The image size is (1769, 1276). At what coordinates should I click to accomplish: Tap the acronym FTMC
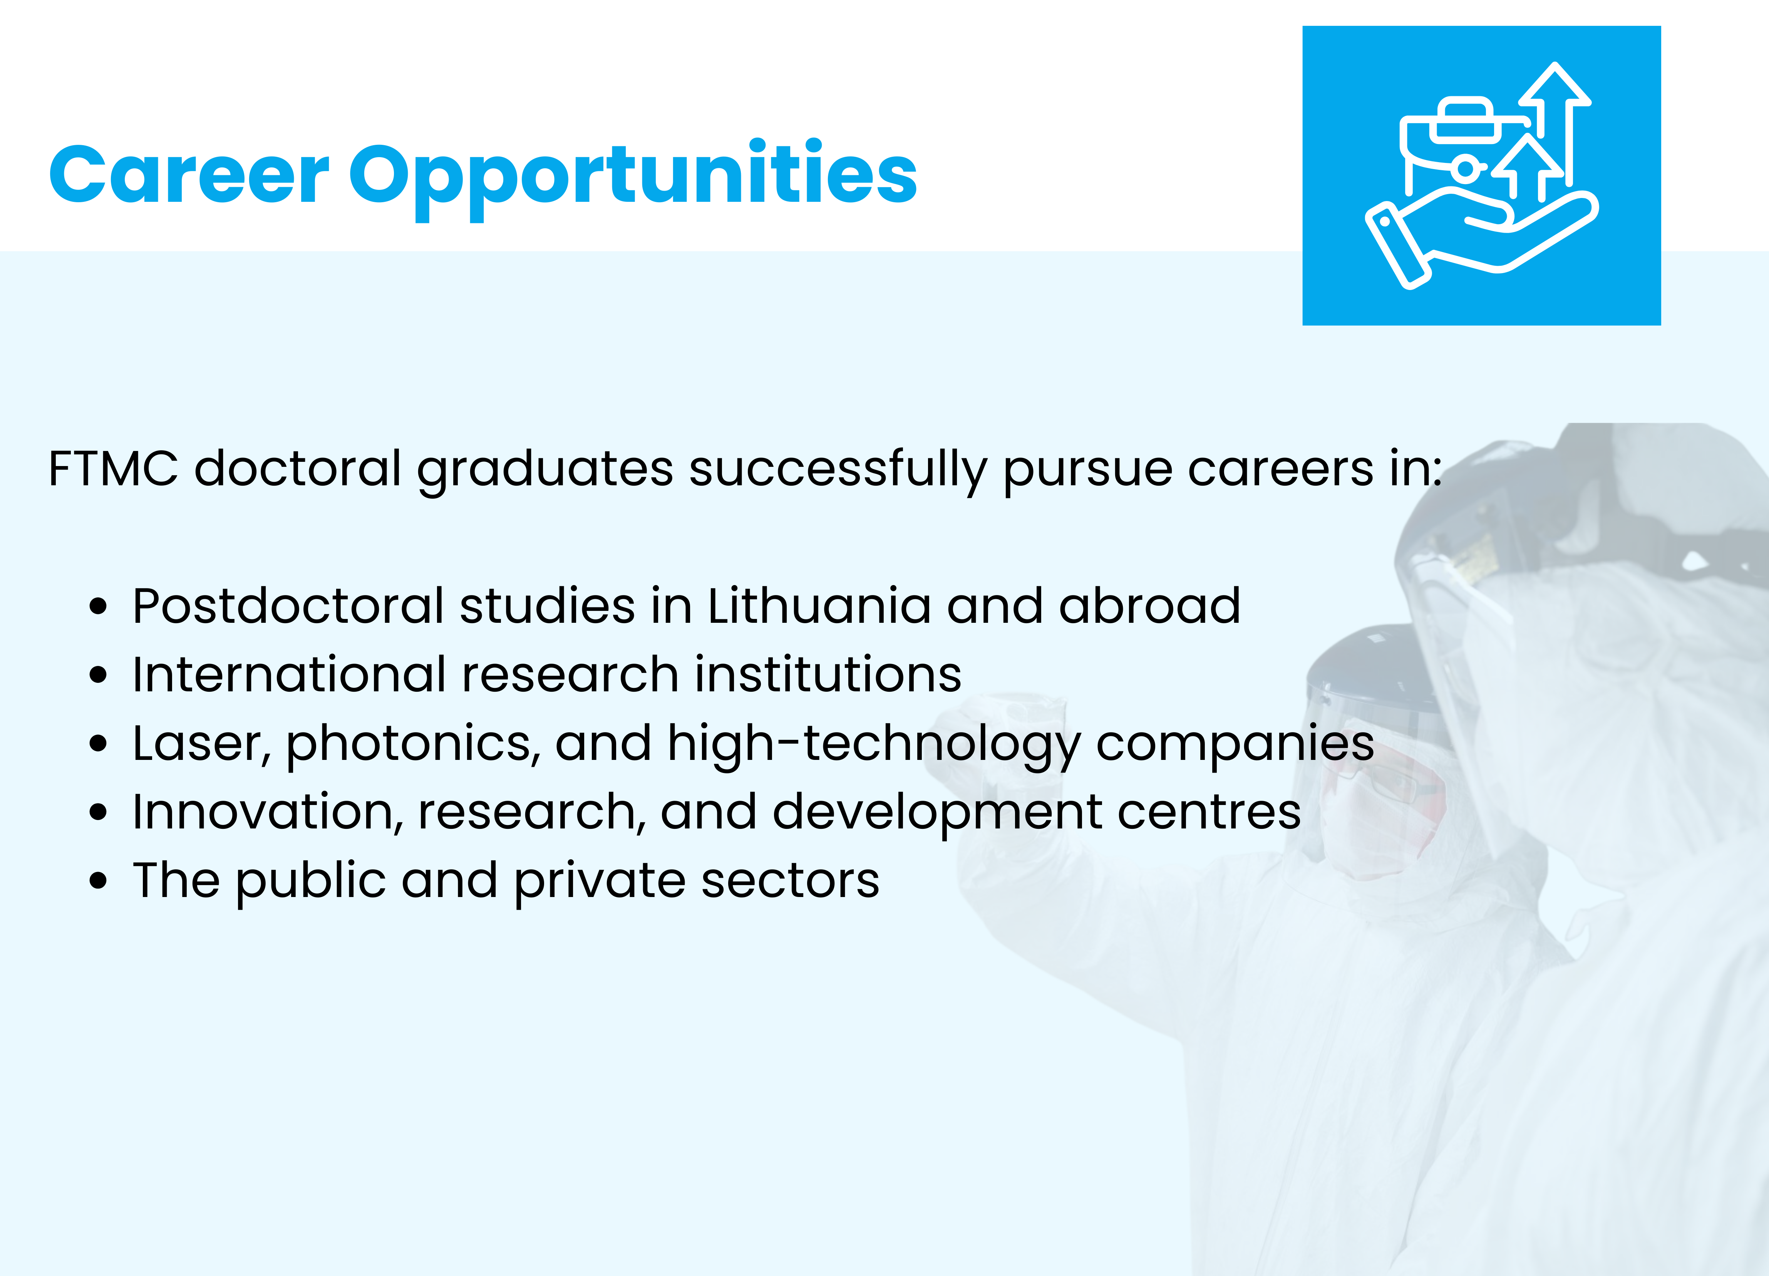[113, 469]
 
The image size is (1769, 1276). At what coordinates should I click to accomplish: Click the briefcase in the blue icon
[1466, 148]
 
